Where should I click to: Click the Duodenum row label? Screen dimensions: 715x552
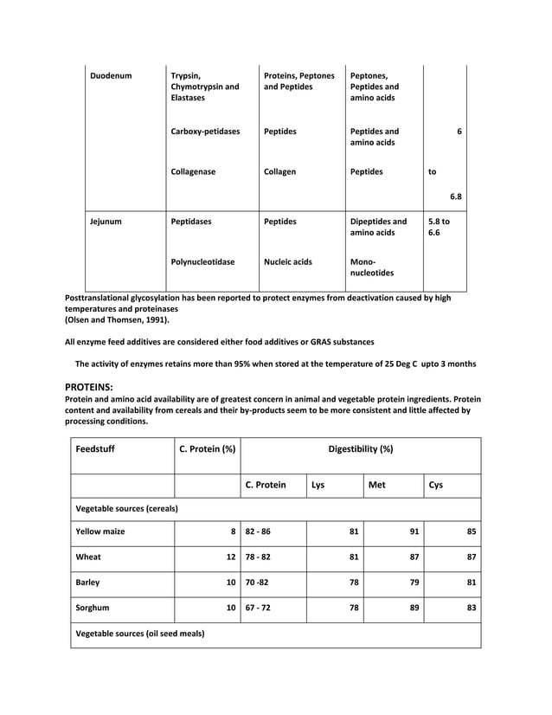pos(111,76)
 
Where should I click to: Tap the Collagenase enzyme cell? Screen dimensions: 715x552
pos(193,171)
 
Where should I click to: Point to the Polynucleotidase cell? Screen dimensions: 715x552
pos(202,261)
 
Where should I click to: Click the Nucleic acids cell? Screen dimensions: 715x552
pos(288,261)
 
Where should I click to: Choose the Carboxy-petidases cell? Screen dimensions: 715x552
pos(205,132)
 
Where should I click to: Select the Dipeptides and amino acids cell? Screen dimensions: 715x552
pos(378,227)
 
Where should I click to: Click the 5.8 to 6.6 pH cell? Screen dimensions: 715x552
pos(440,227)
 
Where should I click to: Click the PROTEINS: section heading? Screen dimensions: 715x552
pos(90,386)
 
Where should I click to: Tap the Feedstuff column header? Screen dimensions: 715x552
pos(95,449)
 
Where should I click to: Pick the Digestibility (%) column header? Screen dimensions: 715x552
pos(360,449)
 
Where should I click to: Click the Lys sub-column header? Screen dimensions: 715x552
pos(318,486)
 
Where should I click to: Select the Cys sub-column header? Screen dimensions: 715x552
pos(436,486)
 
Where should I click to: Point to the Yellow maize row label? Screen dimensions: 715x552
pos(100,531)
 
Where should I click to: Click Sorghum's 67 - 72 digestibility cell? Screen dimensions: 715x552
pos(258,608)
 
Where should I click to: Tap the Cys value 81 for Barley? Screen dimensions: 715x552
pos(471,583)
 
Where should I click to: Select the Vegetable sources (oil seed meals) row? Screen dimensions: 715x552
pos(140,634)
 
